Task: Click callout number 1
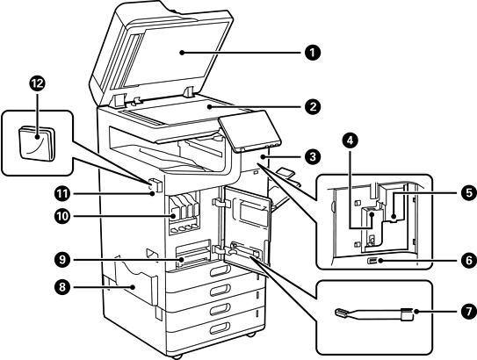[313, 53]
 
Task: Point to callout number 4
[350, 140]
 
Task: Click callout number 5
[468, 193]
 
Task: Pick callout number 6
[468, 261]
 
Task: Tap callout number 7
[468, 312]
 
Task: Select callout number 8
[62, 287]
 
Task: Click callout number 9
[62, 260]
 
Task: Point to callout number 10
[62, 216]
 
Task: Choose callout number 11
[62, 194]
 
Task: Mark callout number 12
[37, 83]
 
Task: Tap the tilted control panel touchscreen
[249, 131]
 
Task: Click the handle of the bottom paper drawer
[220, 328]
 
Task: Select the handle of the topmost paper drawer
[220, 270]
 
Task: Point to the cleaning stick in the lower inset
[374, 314]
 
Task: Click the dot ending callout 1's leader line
[181, 53]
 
